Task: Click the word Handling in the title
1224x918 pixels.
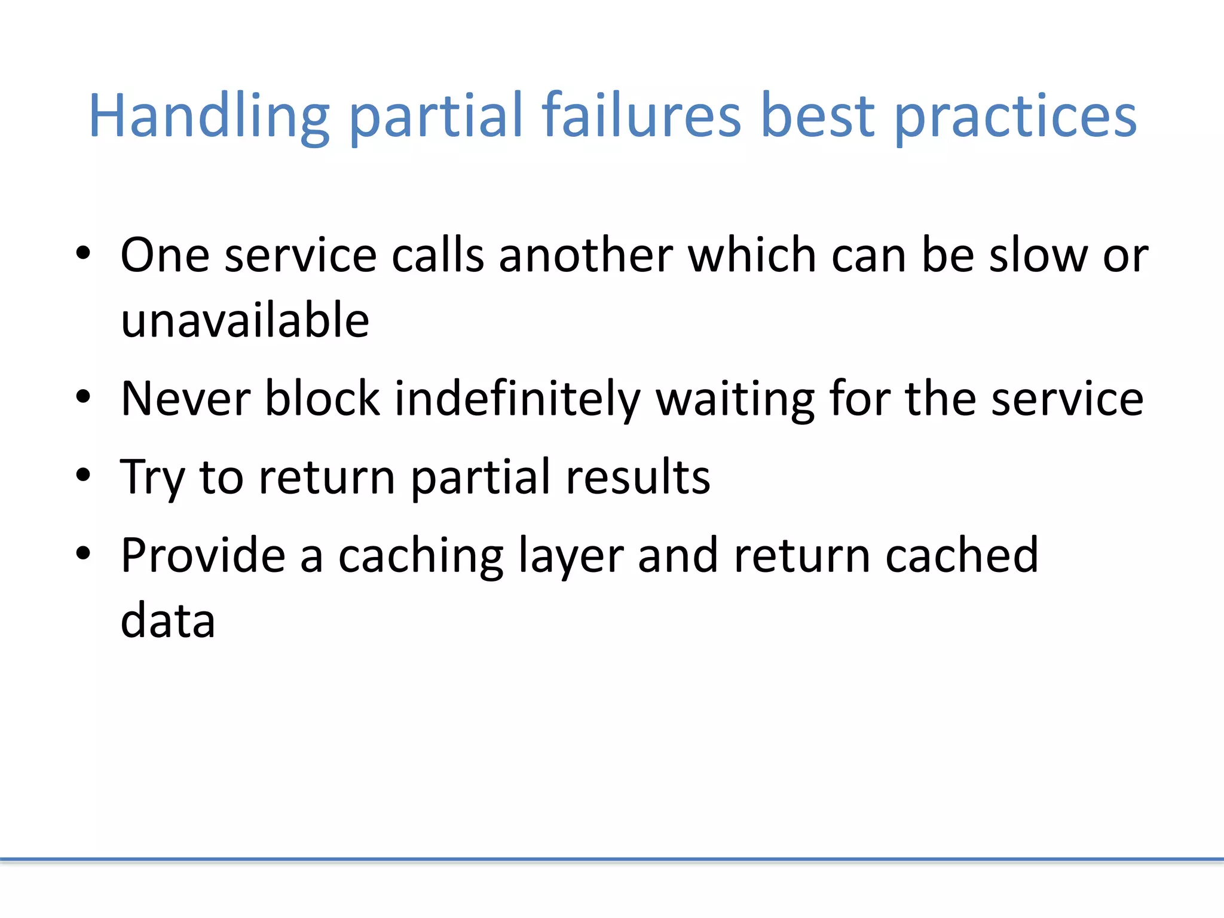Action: click(209, 117)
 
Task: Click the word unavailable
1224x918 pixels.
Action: click(245, 320)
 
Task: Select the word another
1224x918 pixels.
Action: click(586, 256)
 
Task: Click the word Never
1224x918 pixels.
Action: click(185, 399)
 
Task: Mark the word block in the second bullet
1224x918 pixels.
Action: click(323, 399)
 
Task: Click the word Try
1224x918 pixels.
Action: click(153, 478)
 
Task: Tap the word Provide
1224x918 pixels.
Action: click(203, 556)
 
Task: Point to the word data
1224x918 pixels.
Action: click(168, 620)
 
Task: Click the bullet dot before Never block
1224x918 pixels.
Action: click(83, 397)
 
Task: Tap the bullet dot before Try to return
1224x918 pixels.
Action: click(83, 475)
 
